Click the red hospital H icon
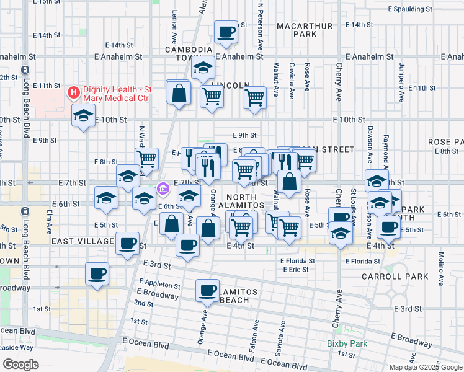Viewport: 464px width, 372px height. click(74, 93)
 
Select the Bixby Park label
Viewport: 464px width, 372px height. click(347, 343)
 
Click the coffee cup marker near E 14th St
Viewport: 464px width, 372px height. click(226, 32)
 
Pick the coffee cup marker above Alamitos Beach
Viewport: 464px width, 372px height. click(208, 289)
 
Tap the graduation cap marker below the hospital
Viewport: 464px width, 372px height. click(83, 115)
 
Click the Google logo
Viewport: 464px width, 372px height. click(20, 364)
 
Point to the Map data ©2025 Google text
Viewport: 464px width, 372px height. click(426, 368)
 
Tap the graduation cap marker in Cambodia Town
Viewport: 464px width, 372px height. click(203, 68)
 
